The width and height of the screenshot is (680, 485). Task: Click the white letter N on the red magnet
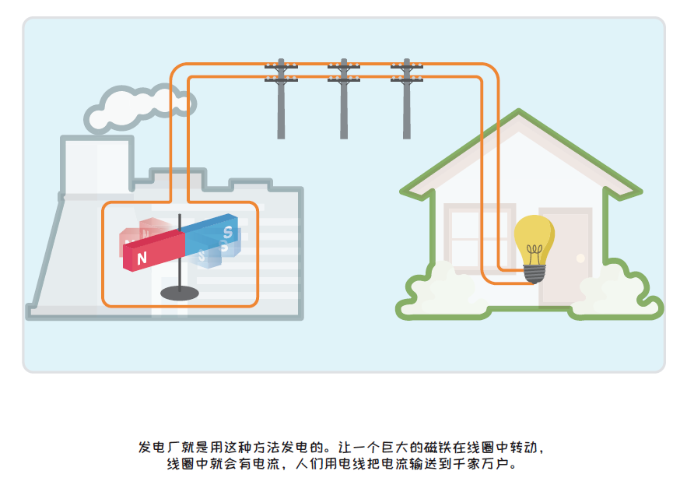pos(142,258)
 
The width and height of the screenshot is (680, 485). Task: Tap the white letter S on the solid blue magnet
pos(227,231)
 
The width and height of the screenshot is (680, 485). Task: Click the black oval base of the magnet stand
pos(180,293)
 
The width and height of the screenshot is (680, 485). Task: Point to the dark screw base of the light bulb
pos(534,273)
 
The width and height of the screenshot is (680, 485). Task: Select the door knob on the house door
pos(580,258)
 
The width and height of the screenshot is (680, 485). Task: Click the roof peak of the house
pos(520,117)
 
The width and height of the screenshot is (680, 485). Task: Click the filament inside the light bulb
pos(534,252)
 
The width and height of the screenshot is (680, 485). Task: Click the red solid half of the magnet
pos(156,251)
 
